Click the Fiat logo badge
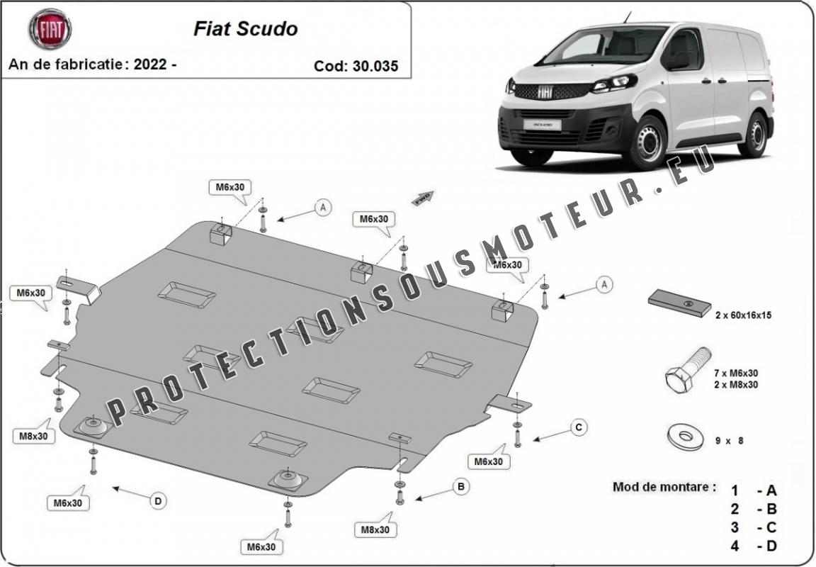point(50,29)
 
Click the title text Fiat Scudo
point(245,29)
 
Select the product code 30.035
point(375,66)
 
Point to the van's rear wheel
point(754,135)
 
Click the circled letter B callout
point(461,486)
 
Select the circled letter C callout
point(579,427)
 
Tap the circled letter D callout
point(158,501)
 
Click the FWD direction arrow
point(423,198)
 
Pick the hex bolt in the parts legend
point(687,371)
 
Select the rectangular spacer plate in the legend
point(679,303)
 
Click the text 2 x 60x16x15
point(742,315)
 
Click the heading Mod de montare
point(664,488)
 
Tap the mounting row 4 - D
point(754,546)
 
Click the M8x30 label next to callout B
point(375,529)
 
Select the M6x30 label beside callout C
point(488,461)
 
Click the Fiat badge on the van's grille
point(546,91)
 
